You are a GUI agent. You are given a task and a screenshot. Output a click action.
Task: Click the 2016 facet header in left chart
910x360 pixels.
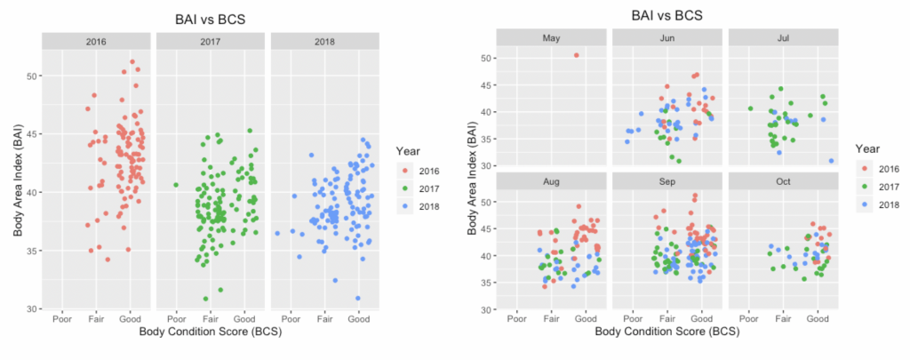pos(97,41)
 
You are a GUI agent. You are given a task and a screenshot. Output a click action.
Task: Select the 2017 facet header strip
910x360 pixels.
pos(211,41)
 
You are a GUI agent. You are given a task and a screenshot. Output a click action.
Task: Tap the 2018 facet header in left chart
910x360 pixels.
pos(325,41)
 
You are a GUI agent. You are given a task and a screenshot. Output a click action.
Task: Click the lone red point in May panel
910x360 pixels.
pos(576,55)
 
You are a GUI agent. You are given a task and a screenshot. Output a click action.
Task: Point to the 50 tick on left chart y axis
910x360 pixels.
pos(31,76)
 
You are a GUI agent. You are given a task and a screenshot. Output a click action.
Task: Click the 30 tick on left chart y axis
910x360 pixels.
pos(31,308)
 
